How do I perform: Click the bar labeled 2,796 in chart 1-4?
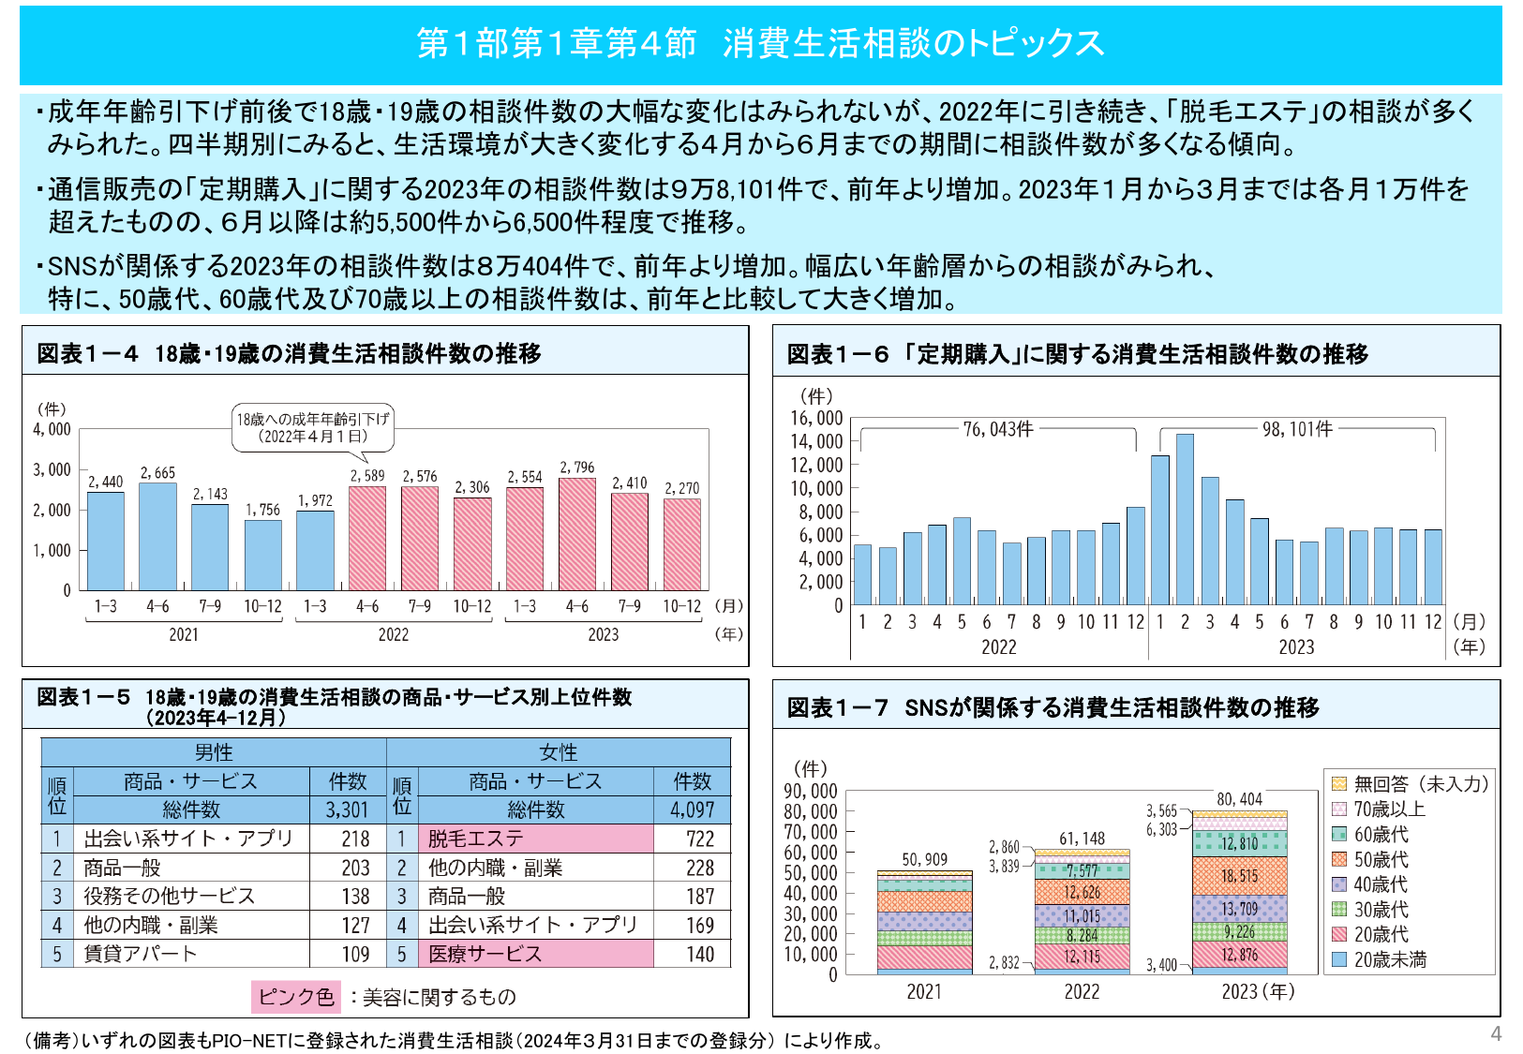576,534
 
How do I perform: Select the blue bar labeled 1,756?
262,555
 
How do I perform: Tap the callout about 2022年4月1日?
312,428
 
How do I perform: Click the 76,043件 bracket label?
998,429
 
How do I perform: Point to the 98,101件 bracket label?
1297,429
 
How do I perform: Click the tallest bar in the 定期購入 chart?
1185,519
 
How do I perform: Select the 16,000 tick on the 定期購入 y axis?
816,419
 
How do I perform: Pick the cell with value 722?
699,839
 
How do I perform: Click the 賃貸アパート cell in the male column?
191,954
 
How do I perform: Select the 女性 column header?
559,752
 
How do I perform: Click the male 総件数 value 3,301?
347,809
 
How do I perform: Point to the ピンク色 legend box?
295,997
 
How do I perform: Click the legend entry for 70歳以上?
1389,809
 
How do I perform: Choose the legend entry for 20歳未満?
1389,959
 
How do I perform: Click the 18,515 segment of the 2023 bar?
1239,876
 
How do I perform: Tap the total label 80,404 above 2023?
1239,799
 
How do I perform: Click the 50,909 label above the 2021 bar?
924,859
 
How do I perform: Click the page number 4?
1496,1033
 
